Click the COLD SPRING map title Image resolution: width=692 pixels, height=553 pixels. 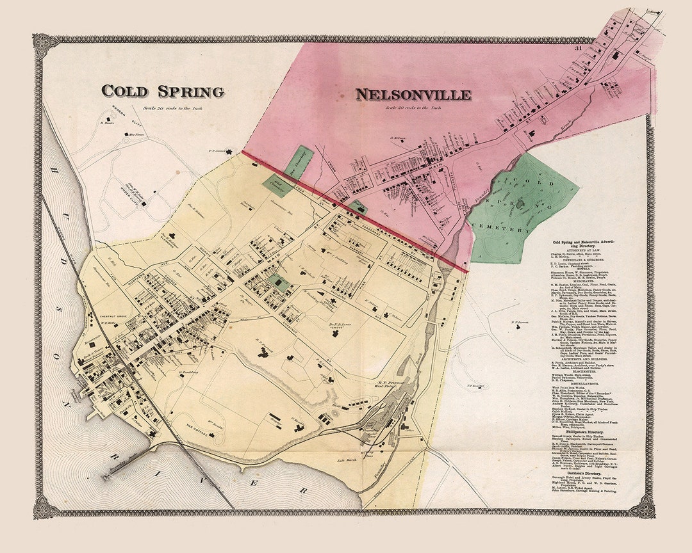[x=163, y=92]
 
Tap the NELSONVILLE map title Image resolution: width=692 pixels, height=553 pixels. [x=413, y=95]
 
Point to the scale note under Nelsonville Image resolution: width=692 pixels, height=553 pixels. [x=414, y=108]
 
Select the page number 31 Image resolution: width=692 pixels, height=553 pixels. [x=578, y=48]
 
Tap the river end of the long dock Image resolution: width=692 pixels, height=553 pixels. [x=104, y=477]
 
